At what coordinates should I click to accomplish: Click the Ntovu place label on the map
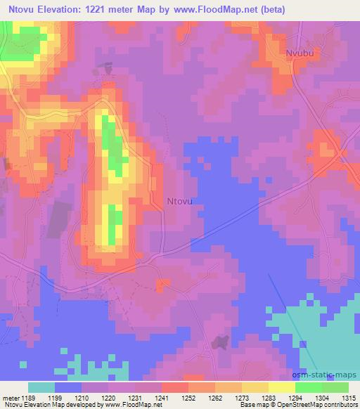(179, 201)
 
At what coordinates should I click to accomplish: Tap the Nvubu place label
(299, 53)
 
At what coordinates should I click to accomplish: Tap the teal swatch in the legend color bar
(41, 387)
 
